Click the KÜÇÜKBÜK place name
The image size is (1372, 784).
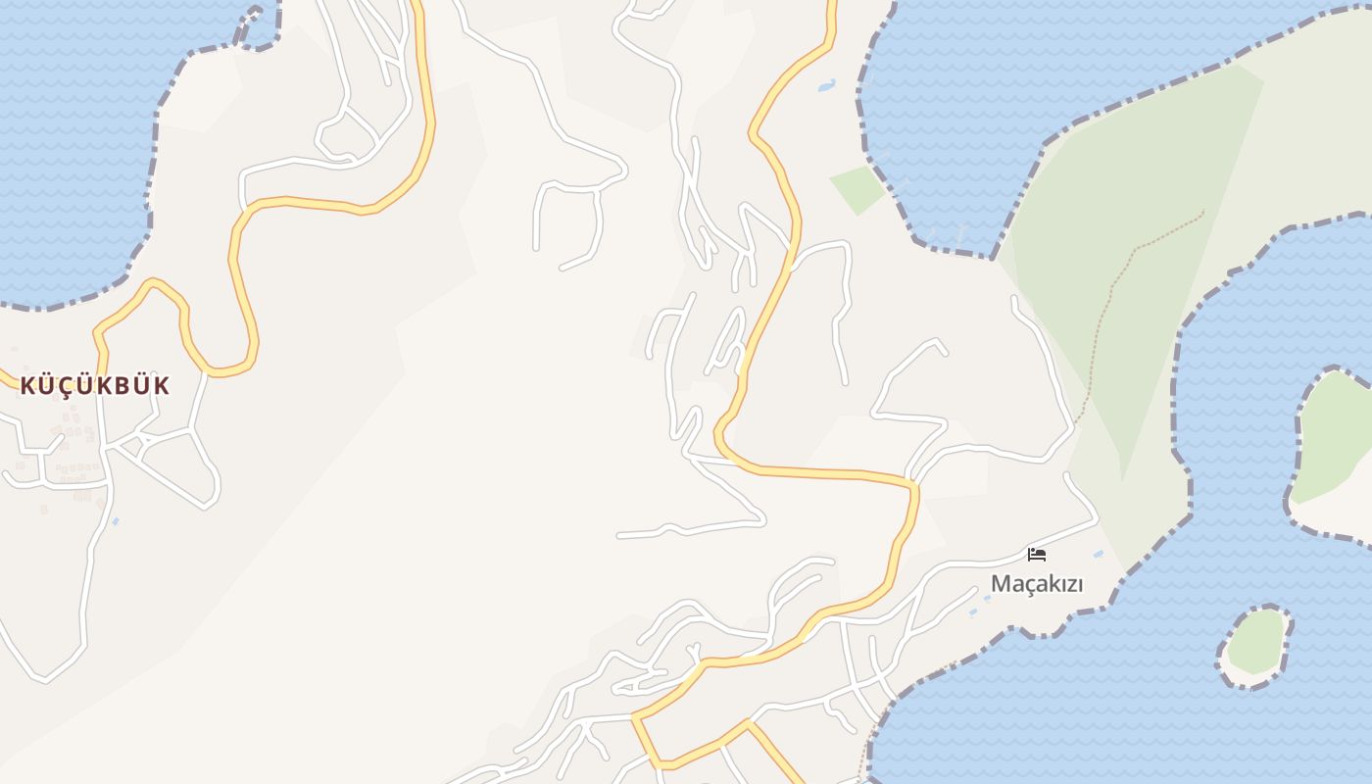click(94, 385)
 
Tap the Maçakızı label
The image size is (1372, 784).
click(1036, 584)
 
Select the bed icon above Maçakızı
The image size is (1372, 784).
click(1036, 555)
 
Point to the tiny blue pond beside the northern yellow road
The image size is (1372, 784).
click(826, 85)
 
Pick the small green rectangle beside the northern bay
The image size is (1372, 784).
click(857, 189)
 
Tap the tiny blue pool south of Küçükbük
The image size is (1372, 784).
click(116, 521)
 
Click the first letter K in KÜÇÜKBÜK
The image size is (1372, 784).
click(27, 385)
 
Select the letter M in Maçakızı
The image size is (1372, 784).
click(1001, 584)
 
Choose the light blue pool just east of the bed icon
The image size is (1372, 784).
click(1098, 555)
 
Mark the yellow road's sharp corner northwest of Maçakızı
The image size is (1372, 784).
click(913, 485)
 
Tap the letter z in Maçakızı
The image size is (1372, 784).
click(1061, 584)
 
